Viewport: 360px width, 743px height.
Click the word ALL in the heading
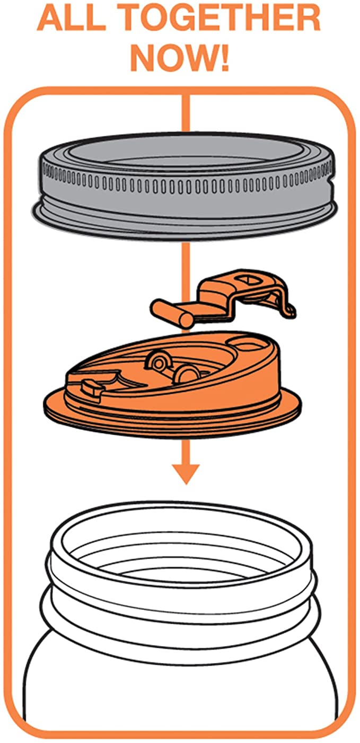(69, 20)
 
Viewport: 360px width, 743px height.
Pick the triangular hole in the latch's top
(248, 277)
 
